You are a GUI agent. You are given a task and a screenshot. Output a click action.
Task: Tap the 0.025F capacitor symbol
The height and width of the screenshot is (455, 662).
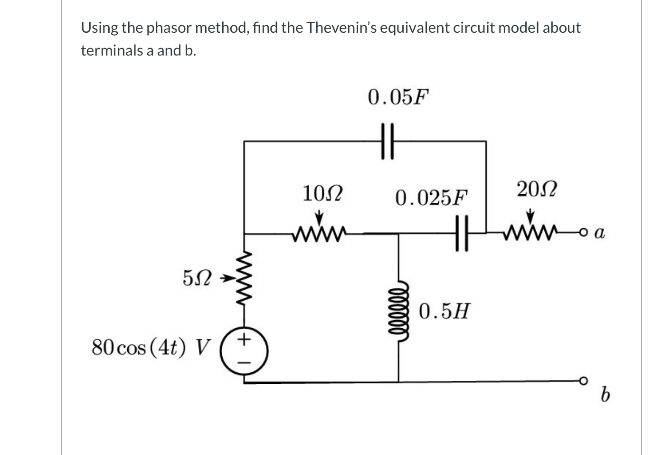(x=461, y=233)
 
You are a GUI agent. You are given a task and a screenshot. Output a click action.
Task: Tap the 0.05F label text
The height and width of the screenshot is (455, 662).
(x=398, y=97)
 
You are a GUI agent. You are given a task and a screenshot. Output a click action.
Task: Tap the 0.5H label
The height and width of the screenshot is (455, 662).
(x=444, y=312)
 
